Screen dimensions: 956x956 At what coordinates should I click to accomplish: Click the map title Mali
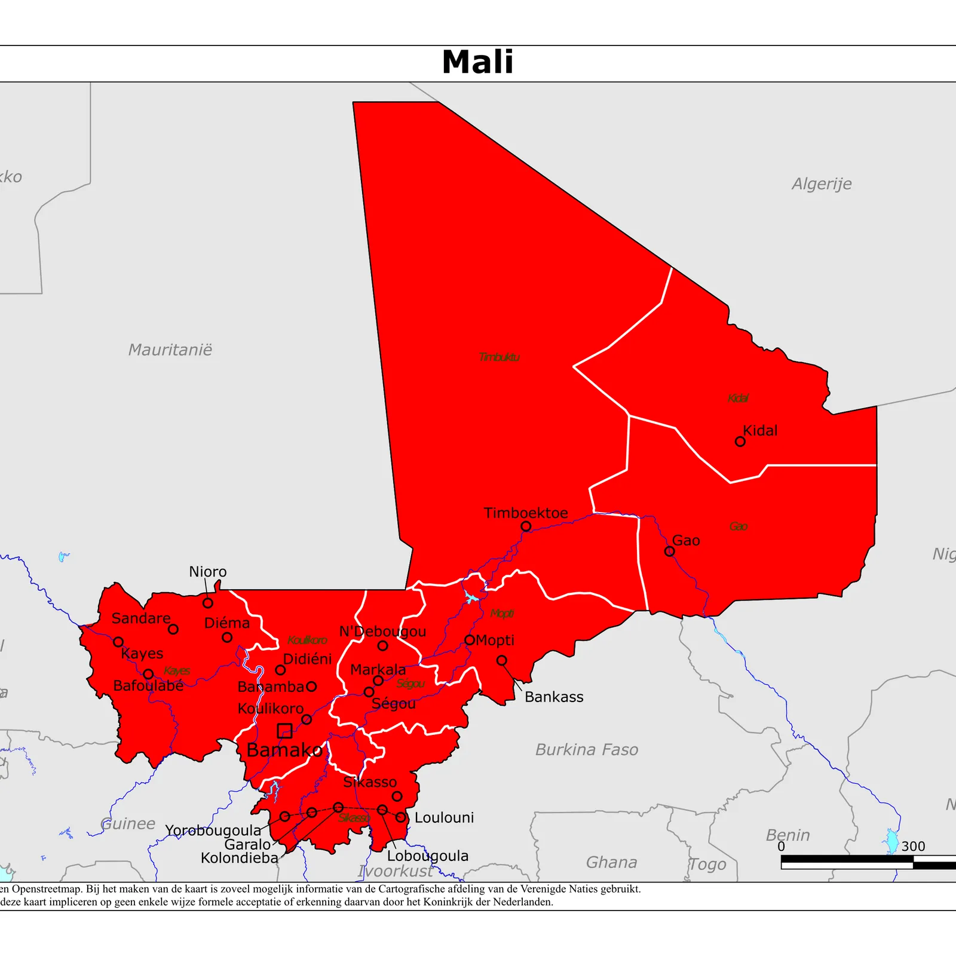point(477,62)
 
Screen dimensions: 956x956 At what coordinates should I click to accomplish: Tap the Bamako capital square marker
point(285,730)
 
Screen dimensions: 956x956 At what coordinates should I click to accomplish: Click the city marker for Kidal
point(740,442)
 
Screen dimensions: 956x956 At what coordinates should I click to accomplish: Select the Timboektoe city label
point(526,513)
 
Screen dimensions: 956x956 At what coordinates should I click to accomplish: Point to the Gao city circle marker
point(670,551)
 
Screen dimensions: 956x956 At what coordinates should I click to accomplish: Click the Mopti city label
point(495,640)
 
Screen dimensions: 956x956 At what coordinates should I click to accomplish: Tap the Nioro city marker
point(208,603)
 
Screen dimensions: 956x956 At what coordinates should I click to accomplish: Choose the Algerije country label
point(822,184)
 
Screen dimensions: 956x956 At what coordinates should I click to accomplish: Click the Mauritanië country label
point(170,350)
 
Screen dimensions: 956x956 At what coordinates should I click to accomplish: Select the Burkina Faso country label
point(587,749)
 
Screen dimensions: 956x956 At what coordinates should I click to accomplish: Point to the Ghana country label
point(611,862)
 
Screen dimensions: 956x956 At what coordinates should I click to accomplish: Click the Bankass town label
point(554,697)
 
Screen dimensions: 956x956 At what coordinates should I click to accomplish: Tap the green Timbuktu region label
point(499,357)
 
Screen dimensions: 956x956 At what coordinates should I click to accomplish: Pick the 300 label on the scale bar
point(913,846)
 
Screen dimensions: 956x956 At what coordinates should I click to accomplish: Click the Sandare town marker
point(173,629)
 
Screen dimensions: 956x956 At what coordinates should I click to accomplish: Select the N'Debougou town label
point(382,632)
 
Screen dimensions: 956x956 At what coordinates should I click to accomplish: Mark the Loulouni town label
point(444,817)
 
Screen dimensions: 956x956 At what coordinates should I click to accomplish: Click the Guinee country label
point(128,824)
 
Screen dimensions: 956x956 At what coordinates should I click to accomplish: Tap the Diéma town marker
point(227,638)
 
